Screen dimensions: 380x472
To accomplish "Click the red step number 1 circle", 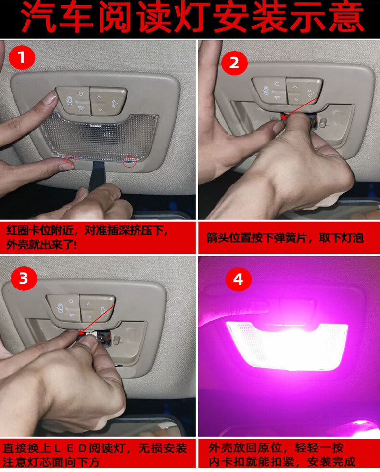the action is [x=22, y=57].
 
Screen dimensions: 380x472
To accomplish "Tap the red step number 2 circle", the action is [x=234, y=63].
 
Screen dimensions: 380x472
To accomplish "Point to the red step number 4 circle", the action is [x=239, y=279].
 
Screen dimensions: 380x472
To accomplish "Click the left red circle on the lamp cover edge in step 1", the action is [x=71, y=158].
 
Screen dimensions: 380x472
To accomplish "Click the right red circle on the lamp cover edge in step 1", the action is [x=129, y=162].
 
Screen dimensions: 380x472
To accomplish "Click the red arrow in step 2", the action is [x=299, y=107].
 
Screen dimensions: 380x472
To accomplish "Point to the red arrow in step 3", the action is [x=96, y=320].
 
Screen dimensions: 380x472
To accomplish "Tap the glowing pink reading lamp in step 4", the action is [x=287, y=346].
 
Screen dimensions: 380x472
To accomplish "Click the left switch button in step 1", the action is [x=73, y=101].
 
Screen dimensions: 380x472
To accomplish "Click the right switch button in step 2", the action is [x=304, y=91].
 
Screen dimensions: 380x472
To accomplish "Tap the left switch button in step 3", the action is [x=63, y=308].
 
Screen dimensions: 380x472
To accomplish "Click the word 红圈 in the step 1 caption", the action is [x=17, y=230].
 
